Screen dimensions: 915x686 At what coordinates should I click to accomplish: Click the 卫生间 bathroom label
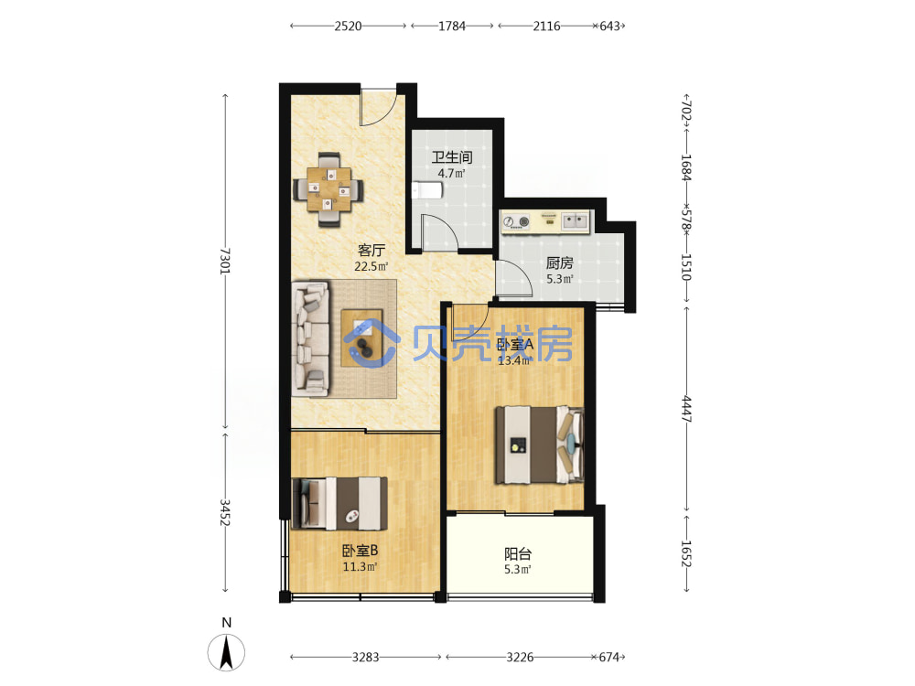(452, 157)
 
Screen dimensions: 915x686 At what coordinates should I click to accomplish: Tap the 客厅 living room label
(371, 251)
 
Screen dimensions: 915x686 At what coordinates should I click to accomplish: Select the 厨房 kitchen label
(559, 263)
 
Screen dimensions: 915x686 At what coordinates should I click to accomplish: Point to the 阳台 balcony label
(518, 553)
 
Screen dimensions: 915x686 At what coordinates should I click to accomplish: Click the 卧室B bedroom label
(360, 550)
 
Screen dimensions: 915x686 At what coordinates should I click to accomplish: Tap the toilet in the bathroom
(426, 190)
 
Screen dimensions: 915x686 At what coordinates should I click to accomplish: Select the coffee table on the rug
(361, 338)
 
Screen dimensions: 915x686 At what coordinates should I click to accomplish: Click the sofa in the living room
(310, 339)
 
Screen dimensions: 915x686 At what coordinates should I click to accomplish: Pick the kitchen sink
(575, 221)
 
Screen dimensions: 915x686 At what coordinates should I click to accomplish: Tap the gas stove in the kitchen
(516, 221)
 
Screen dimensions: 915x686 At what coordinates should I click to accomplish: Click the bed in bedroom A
(539, 445)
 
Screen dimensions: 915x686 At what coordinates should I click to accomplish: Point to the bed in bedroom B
(339, 503)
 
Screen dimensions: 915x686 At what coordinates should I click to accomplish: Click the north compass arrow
(226, 652)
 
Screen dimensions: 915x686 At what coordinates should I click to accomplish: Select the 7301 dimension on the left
(226, 261)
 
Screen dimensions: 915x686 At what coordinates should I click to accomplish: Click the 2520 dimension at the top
(348, 27)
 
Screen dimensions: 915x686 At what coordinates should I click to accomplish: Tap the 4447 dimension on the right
(686, 409)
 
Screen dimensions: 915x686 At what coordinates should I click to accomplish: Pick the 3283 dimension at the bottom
(365, 658)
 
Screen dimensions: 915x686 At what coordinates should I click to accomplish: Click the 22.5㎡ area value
(371, 266)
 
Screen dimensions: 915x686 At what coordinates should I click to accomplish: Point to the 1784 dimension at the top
(452, 27)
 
